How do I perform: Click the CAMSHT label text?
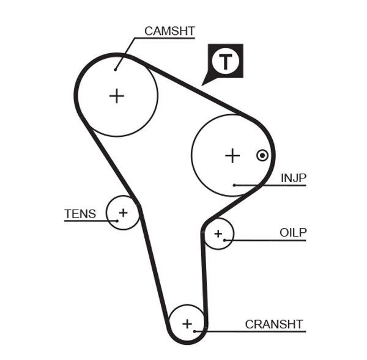[169, 31]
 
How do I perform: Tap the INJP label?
[293, 178]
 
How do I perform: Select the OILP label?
[292, 232]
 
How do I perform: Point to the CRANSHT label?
[273, 324]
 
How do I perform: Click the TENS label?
[80, 214]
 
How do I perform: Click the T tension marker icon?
[226, 61]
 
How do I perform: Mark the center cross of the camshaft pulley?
[116, 96]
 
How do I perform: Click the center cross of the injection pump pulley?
[232, 156]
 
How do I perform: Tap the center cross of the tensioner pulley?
[123, 213]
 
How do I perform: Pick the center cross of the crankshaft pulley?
[187, 323]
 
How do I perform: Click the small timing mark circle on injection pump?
[262, 155]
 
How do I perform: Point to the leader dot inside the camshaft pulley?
[115, 70]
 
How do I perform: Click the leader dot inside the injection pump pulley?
[234, 185]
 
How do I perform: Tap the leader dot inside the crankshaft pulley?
[195, 331]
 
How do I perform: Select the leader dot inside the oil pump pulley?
[224, 240]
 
